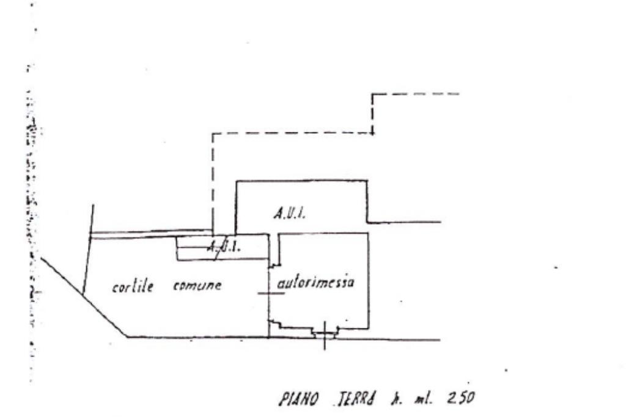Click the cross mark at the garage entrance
[324, 334]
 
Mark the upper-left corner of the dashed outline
[213, 134]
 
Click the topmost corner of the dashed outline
[373, 94]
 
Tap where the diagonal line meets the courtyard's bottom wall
[127, 336]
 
